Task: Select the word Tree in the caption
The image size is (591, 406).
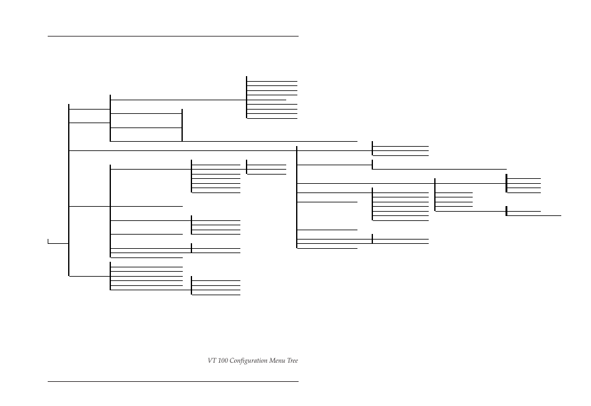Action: [292, 361]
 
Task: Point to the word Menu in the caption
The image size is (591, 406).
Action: [276, 361]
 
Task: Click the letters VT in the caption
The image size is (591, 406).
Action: [212, 361]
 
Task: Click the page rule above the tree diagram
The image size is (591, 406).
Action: [173, 36]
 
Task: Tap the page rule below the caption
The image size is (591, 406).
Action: [173, 381]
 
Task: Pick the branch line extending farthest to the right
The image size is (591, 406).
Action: [533, 215]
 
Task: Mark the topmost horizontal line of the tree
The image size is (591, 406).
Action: [272, 81]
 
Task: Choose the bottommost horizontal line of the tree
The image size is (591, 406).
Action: [216, 295]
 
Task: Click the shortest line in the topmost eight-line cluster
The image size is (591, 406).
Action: [266, 100]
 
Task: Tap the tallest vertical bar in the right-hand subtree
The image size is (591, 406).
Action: [297, 197]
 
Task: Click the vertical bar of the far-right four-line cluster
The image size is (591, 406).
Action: [506, 183]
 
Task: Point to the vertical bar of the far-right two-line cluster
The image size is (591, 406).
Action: [506, 211]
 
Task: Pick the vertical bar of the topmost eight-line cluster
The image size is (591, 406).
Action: [247, 97]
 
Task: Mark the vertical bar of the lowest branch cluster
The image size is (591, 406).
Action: [191, 285]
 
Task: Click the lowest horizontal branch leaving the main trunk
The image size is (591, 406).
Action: [89, 276]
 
